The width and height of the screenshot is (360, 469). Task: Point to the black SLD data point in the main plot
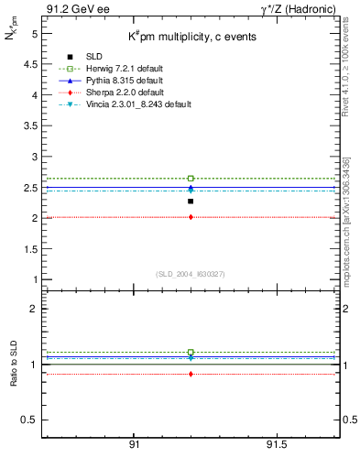point(191,202)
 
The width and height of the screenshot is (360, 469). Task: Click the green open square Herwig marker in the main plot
point(191,179)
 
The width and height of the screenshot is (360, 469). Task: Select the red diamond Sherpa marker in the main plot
point(191,217)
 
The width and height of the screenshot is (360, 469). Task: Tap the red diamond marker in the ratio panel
point(191,374)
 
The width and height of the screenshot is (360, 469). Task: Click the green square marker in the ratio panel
point(191,352)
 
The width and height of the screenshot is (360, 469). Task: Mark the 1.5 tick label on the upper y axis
point(33,249)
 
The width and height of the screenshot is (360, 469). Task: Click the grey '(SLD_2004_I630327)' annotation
point(191,274)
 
